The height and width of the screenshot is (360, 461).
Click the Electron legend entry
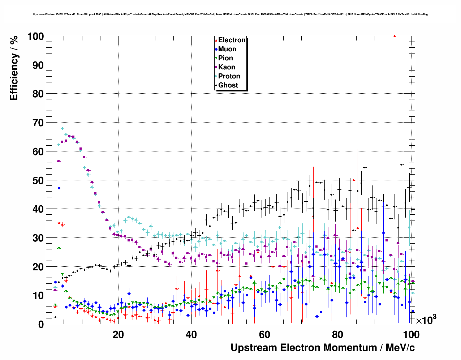[x=232, y=40]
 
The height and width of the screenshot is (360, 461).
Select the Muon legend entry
[x=227, y=49]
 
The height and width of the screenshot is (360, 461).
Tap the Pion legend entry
[x=225, y=58]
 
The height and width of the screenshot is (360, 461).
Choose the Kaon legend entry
[x=227, y=67]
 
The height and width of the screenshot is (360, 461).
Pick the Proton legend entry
[x=229, y=76]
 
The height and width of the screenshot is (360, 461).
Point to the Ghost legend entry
[x=228, y=85]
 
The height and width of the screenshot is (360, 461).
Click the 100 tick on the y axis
[x=36, y=37]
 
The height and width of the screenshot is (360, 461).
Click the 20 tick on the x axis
[x=118, y=335]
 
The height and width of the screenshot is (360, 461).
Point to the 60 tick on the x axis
[x=264, y=335]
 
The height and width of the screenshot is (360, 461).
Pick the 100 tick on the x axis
[x=411, y=335]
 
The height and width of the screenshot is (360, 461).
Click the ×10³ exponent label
[x=426, y=320]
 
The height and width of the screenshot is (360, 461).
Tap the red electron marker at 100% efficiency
[x=395, y=36]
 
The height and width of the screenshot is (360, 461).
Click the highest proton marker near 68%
[x=62, y=129]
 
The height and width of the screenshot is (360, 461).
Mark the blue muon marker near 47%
[x=59, y=188]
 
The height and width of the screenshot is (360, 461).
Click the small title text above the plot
[x=230, y=14]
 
